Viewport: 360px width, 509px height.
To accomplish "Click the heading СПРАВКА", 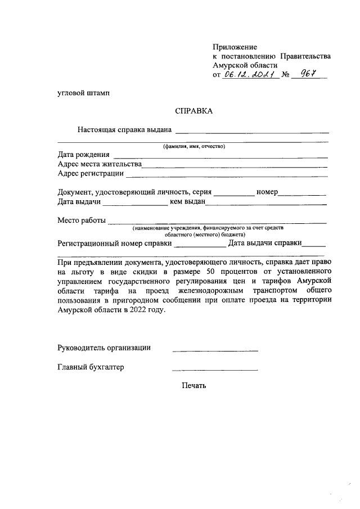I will (x=193, y=111).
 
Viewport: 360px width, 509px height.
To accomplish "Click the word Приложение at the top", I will (x=235, y=47).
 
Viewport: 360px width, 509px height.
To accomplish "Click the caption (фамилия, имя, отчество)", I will (x=193, y=146).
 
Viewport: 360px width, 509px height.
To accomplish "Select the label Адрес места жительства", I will (x=100, y=164).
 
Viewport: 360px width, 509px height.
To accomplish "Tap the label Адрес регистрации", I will (x=90, y=173).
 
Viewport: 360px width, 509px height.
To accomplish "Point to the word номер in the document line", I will (x=267, y=192).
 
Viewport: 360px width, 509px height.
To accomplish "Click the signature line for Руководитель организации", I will (x=215, y=350).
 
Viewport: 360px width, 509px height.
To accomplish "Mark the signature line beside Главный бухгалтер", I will (x=215, y=370).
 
